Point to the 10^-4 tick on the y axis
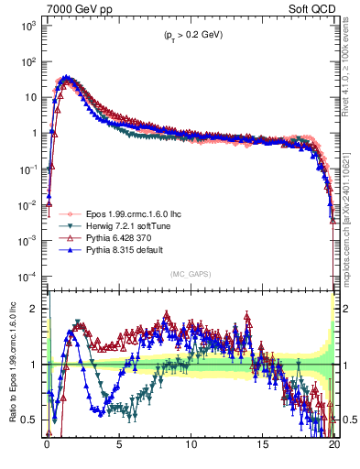(x=27, y=276)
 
